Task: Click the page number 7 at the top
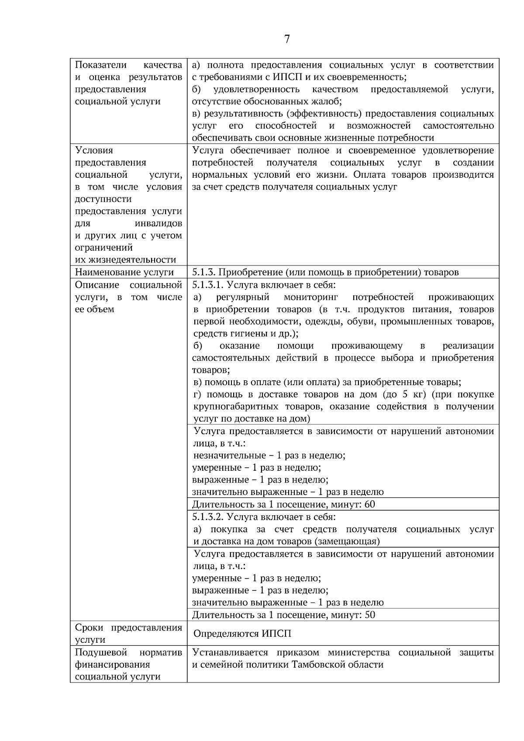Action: pyautogui.click(x=286, y=39)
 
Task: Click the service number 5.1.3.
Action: pyautogui.click(x=203, y=272)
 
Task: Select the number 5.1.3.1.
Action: pyautogui.click(x=208, y=285)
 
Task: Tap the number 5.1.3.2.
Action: pyautogui.click(x=208, y=517)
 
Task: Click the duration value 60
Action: pyautogui.click(x=369, y=505)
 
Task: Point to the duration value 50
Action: pyautogui.click(x=369, y=615)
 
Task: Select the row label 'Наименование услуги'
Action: pyautogui.click(x=124, y=272)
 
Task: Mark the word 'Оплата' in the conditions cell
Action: pyautogui.click(x=369, y=175)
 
